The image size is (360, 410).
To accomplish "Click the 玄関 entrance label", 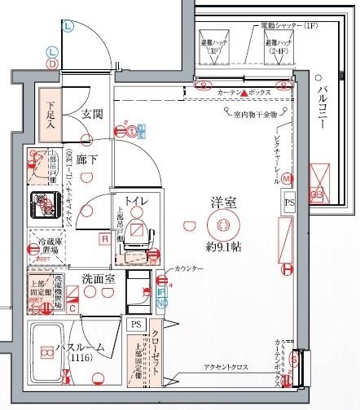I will tap(92, 114).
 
